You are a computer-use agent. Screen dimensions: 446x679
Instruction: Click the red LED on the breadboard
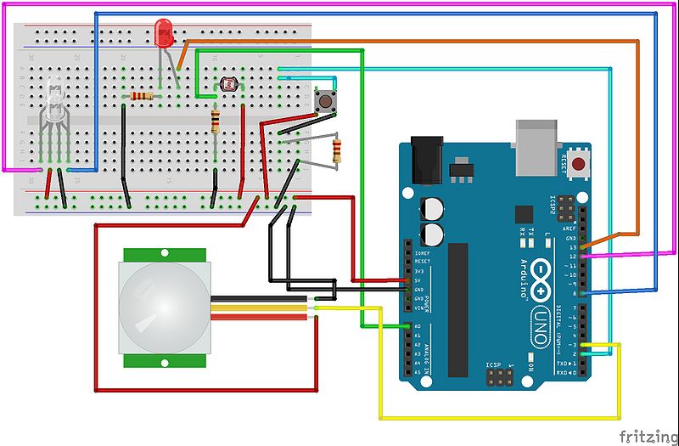[164, 34]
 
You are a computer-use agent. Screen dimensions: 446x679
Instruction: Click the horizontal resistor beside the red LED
[143, 96]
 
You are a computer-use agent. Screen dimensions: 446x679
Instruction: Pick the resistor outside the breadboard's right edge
[338, 151]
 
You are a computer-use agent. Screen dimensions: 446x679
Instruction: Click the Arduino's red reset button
[581, 164]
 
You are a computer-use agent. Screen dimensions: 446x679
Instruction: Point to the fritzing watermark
[647, 436]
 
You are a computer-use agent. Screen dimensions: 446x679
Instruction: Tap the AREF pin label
[573, 229]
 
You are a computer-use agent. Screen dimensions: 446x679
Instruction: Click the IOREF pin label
[422, 253]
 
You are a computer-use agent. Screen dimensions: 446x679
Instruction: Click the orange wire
[407, 41]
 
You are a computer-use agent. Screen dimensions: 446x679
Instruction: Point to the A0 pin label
[418, 327]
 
